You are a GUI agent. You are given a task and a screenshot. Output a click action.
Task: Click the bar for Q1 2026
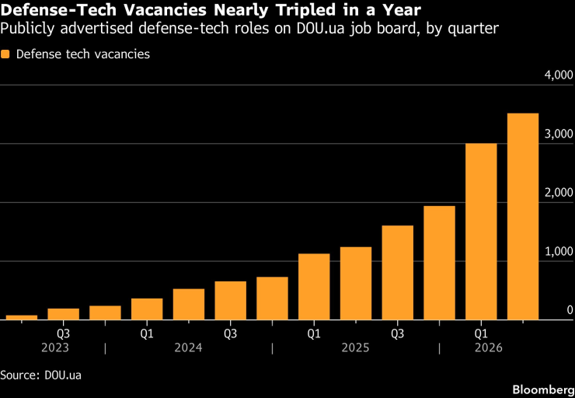(x=481, y=232)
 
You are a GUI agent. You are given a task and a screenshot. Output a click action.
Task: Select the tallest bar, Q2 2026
(x=523, y=216)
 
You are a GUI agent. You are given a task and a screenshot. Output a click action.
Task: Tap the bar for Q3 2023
(x=64, y=314)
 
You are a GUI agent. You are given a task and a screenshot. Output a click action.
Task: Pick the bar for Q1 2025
(x=314, y=287)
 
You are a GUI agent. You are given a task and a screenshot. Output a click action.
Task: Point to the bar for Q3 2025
(x=398, y=273)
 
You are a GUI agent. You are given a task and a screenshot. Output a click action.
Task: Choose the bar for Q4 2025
(x=439, y=263)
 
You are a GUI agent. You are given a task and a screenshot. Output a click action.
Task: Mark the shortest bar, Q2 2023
(x=22, y=318)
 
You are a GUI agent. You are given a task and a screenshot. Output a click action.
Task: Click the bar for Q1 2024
(x=147, y=309)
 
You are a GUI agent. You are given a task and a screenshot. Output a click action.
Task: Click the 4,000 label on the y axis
(x=559, y=75)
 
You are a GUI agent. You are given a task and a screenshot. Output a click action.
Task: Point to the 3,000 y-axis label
(x=559, y=134)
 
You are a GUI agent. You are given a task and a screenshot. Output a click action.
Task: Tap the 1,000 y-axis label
(x=559, y=252)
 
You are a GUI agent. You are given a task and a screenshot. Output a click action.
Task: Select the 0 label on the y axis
(x=570, y=310)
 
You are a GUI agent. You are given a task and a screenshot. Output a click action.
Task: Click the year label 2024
(x=188, y=347)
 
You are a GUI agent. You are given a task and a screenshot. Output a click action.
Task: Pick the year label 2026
(x=489, y=347)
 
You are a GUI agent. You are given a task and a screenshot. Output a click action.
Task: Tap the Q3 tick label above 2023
(x=64, y=334)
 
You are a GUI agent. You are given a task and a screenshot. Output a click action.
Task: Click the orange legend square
(x=5, y=54)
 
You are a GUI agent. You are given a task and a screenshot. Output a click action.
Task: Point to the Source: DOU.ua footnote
(x=41, y=375)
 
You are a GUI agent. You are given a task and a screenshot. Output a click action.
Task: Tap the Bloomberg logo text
(x=543, y=389)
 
